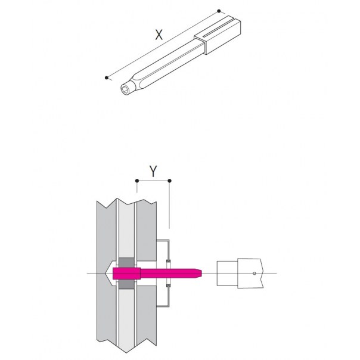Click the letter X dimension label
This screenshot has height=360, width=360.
(x=159, y=35)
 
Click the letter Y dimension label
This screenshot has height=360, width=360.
(x=153, y=171)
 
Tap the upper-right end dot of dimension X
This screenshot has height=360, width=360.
(x=219, y=11)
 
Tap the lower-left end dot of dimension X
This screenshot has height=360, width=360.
(x=106, y=77)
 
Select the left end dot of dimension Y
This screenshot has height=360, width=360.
(x=137, y=181)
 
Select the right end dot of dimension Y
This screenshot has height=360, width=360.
(x=169, y=181)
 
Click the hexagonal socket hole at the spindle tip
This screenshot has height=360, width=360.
(x=125, y=88)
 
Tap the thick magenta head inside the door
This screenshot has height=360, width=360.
(x=126, y=273)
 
